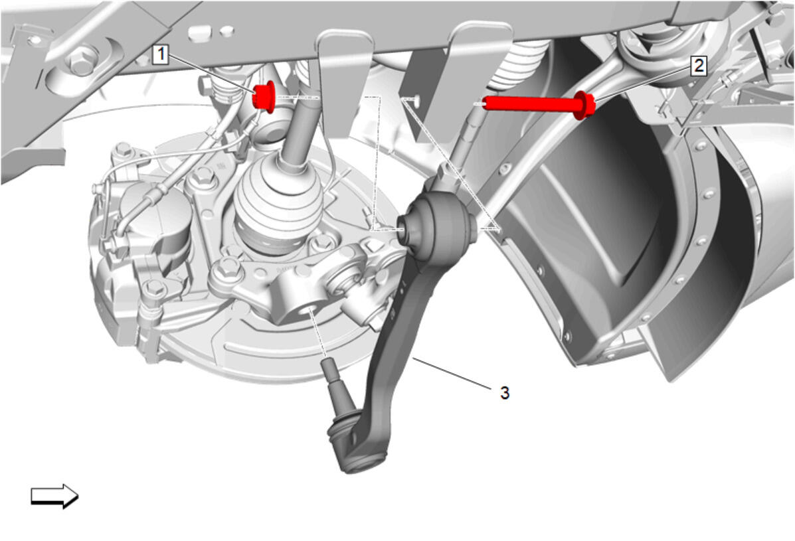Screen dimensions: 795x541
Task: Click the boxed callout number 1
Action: (161, 54)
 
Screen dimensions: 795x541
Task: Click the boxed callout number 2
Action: (699, 65)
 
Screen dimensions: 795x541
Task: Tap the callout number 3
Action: (505, 392)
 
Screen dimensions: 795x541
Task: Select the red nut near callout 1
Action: (264, 97)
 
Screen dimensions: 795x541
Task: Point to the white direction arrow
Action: (54, 495)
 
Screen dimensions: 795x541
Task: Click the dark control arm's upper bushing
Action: (438, 226)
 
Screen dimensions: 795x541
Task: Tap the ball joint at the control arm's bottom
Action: (357, 446)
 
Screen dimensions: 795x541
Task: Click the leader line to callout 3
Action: (452, 373)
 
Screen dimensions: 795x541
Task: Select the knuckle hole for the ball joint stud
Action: (308, 309)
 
